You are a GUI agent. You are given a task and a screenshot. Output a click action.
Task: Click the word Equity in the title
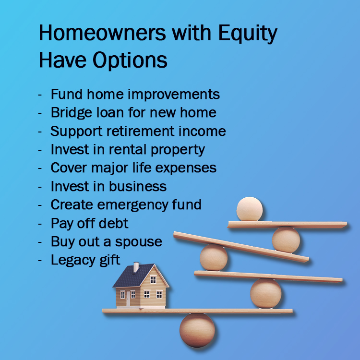pos(248,34)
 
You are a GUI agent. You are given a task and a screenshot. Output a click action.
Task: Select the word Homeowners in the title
pos(102,33)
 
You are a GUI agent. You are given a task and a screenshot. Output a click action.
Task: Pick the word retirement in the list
pos(141,132)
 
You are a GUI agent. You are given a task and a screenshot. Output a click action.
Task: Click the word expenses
pos(186,168)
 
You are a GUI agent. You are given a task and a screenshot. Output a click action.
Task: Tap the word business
pos(138,186)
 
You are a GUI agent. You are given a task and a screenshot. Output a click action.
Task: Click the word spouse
pos(138,242)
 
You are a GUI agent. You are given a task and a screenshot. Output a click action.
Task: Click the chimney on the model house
pos(136,267)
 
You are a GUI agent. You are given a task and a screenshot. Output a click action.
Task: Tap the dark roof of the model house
pos(133,276)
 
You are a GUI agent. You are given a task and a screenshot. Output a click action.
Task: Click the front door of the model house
pos(128,298)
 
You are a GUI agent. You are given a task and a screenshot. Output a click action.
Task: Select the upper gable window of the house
pos(153,280)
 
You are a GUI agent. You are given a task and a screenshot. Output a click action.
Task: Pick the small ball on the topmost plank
pos(250,209)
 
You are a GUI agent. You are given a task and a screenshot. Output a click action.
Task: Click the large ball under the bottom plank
pos(197,330)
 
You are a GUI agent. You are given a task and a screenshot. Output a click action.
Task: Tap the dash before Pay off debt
pos(40,223)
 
